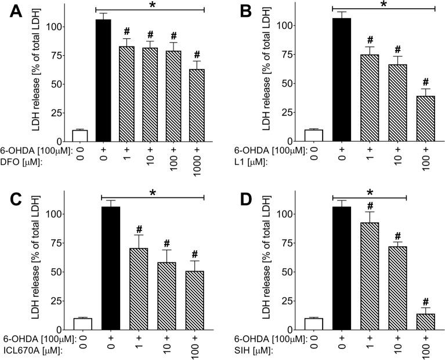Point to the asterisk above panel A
pos(153,5)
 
